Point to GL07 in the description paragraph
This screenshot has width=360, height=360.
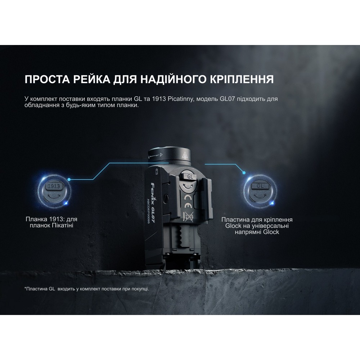(x=228, y=99)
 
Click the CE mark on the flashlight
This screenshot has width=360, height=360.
(x=189, y=199)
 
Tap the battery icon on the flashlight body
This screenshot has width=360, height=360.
(x=156, y=172)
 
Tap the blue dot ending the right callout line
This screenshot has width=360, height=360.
(x=244, y=172)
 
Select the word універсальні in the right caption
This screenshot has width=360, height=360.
(x=272, y=226)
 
